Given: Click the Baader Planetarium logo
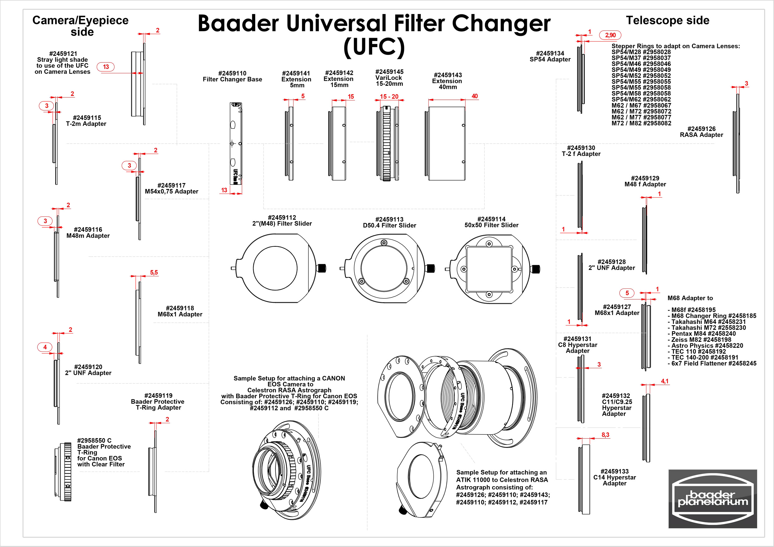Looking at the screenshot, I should click(x=712, y=498).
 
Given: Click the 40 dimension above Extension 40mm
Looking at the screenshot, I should click(x=474, y=96).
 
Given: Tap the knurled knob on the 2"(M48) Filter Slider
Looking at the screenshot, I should click(x=322, y=268).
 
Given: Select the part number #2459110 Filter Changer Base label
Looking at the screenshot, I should click(x=232, y=76).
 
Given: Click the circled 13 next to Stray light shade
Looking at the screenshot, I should click(x=106, y=67).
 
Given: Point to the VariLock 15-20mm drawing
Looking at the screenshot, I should click(x=387, y=143).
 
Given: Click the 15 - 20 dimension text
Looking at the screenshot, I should click(x=389, y=96).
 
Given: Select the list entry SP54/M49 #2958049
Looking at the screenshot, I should click(x=641, y=70).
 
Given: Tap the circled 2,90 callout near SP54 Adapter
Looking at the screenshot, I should click(x=610, y=35).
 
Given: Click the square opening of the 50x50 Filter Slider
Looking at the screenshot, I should click(x=489, y=269).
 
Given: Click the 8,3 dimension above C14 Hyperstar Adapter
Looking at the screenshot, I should click(x=605, y=435).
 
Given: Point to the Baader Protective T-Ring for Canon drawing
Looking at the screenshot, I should click(x=64, y=472).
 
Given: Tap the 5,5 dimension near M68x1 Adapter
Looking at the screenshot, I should click(x=154, y=272).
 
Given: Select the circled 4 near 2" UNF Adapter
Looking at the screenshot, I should click(x=45, y=347).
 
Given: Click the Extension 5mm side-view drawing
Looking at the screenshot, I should click(x=290, y=143).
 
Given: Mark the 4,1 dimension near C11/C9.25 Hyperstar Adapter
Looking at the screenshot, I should click(x=664, y=381).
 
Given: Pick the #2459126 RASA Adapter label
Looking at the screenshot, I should click(x=701, y=132).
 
